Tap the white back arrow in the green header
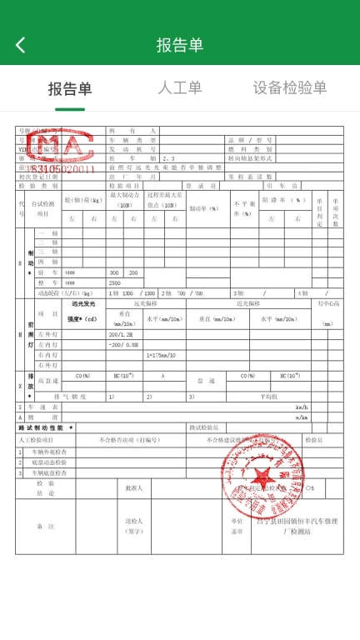[x=21, y=45]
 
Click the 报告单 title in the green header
[x=180, y=45]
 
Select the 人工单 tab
[x=179, y=87]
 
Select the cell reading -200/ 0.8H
[x=123, y=344]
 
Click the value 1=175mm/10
[x=164, y=355]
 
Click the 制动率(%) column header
[x=202, y=208]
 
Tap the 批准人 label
[x=133, y=487]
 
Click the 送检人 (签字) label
[x=134, y=526]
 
